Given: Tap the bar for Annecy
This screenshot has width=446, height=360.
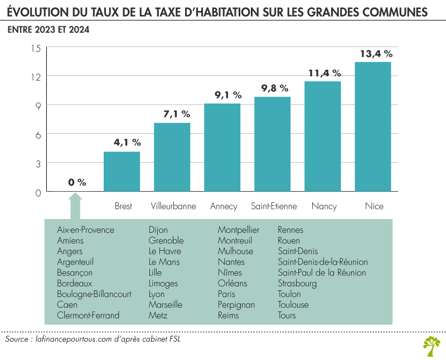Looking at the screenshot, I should click(x=222, y=148).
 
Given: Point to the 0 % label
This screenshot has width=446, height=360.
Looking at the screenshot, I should click(x=77, y=182).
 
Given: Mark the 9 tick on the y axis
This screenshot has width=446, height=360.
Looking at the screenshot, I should click(x=37, y=106).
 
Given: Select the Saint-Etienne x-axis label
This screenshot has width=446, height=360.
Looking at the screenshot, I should click(x=274, y=206).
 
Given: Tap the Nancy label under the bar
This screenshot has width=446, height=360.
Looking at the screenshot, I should click(x=324, y=206).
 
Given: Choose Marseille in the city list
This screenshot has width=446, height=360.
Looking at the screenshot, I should click(x=165, y=305).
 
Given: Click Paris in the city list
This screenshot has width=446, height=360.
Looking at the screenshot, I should click(x=226, y=294).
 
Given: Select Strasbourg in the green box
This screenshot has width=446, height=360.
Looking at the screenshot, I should click(x=297, y=284).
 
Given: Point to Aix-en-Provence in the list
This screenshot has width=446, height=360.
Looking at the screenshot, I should click(x=85, y=230).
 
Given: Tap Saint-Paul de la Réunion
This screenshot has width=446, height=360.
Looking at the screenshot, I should click(x=322, y=273).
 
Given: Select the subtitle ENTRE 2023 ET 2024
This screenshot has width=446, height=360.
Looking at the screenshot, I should click(x=49, y=30).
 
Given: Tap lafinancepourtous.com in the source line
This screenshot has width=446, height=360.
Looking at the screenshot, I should click(x=72, y=339).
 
